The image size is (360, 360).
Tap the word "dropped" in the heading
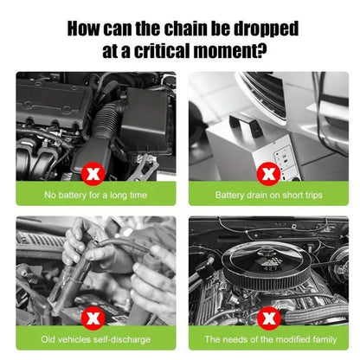[266, 29]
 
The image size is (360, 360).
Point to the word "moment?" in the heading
[230, 51]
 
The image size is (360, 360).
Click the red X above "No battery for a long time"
[93, 174]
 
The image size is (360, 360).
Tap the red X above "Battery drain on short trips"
[268, 174]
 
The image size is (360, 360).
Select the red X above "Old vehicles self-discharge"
[93, 318]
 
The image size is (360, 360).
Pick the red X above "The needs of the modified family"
[268, 318]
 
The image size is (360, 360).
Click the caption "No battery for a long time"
[96, 196]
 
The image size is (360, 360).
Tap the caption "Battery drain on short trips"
[268, 196]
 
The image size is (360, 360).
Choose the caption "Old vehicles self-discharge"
[96, 339]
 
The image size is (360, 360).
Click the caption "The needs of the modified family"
[271, 339]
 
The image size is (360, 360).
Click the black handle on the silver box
[246, 125]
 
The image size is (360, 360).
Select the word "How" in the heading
[84, 29]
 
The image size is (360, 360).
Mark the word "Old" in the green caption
[48, 339]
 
